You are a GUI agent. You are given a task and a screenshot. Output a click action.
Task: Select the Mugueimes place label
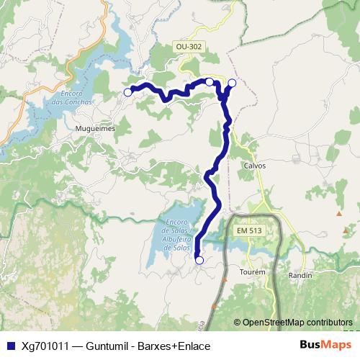coord(95,128)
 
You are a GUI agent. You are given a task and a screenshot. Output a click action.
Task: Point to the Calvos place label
coord(255,165)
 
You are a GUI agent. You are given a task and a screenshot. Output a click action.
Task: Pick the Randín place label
coord(300,276)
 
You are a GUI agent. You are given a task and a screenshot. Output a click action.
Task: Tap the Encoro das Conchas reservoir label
coord(77,97)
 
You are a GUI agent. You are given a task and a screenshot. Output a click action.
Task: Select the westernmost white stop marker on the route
coord(128,92)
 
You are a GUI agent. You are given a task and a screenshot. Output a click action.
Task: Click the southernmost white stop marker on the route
coord(199,260)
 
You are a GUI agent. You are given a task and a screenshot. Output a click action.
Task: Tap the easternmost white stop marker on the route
coord(232,83)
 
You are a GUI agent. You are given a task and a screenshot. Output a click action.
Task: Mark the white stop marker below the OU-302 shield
coord(210,82)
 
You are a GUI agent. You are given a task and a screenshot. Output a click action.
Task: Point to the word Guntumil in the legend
coord(108,346)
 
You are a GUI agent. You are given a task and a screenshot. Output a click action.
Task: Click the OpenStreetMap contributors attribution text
coord(297,322)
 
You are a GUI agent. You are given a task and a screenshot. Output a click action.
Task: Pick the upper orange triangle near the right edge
coord(339,213)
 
